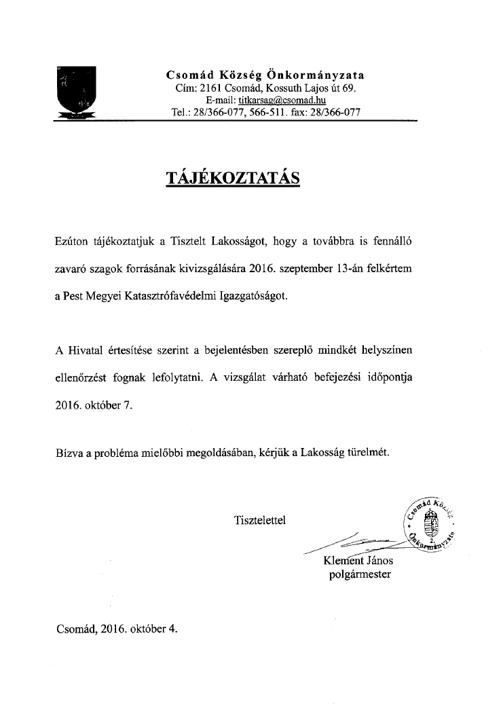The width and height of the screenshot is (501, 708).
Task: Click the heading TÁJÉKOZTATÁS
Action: tap(233, 178)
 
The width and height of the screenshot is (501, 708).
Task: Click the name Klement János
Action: tap(358, 561)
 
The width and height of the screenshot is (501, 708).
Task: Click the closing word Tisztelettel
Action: tap(260, 521)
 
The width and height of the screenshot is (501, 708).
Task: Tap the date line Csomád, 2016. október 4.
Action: tap(117, 629)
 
